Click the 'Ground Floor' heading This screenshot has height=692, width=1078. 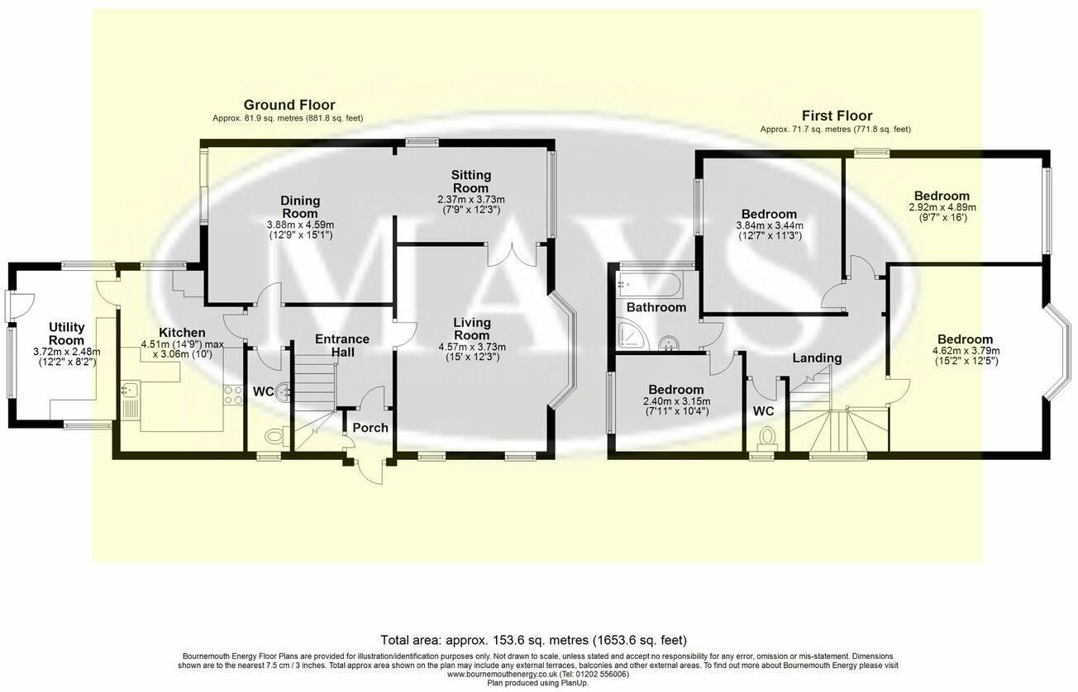tap(289, 105)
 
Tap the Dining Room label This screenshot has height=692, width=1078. tap(300, 206)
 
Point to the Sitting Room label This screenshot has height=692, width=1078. tap(470, 182)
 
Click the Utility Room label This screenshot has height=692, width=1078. tap(66, 334)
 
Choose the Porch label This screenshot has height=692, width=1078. tap(370, 428)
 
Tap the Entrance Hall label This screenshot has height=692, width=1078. tap(342, 345)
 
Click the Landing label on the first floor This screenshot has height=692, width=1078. tap(817, 358)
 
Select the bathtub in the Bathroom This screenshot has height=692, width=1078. tap(649, 286)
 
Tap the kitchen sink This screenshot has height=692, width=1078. tap(130, 398)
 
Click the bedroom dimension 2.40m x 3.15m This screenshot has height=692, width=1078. tap(676, 401)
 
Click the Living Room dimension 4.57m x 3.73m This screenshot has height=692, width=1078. tap(471, 347)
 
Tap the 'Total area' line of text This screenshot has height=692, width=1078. tap(533, 640)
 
